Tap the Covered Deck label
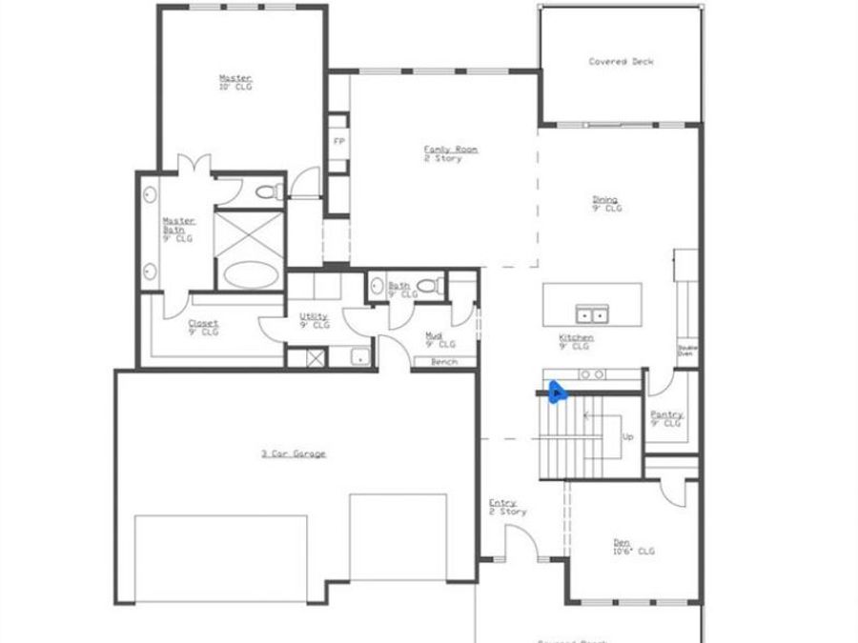point(621,62)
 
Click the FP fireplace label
point(337,141)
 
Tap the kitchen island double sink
point(592,313)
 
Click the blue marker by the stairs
point(557,391)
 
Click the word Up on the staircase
point(627,437)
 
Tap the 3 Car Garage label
point(294,453)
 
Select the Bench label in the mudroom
point(444,362)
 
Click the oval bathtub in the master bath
point(252,275)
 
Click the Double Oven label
point(685,350)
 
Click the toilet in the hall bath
point(430,286)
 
